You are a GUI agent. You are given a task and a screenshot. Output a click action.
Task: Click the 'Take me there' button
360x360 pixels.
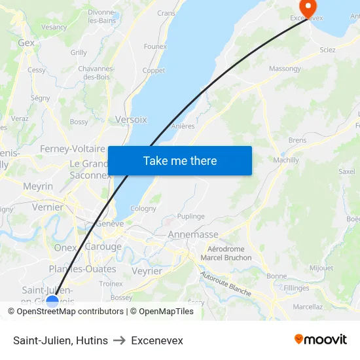(x=179, y=161)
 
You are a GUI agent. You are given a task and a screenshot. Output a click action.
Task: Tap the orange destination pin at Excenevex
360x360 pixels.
(x=307, y=7)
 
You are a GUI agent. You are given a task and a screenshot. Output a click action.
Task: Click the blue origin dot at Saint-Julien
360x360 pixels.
(x=52, y=302)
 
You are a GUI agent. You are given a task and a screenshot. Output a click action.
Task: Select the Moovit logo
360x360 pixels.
(x=320, y=340)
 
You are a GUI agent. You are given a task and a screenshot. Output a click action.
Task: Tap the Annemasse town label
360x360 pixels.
(x=193, y=234)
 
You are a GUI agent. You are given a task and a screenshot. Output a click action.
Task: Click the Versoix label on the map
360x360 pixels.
(x=131, y=120)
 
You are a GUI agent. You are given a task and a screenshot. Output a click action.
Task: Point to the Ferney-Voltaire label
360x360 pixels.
(x=73, y=149)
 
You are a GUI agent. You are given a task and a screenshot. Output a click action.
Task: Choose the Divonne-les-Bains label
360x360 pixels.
(x=101, y=16)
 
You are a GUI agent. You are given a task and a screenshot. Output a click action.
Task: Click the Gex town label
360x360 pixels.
(x=26, y=43)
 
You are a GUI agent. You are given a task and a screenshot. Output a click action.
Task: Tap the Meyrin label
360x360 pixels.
(x=38, y=187)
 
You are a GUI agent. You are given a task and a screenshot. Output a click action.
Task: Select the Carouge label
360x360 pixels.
(x=103, y=247)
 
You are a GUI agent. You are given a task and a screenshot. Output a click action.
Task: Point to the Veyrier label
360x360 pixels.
(x=147, y=271)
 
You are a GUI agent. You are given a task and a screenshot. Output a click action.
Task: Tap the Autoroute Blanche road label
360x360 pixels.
(x=226, y=284)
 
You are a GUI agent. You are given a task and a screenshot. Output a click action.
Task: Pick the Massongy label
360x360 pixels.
(x=285, y=69)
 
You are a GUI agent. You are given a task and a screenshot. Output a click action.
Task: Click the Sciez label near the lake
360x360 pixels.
(x=327, y=50)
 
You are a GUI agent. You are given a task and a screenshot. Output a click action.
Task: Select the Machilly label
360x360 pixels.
(x=286, y=160)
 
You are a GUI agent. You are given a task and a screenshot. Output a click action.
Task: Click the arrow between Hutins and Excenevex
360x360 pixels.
(x=119, y=340)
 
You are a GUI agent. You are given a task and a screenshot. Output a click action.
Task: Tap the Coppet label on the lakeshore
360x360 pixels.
(x=154, y=71)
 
